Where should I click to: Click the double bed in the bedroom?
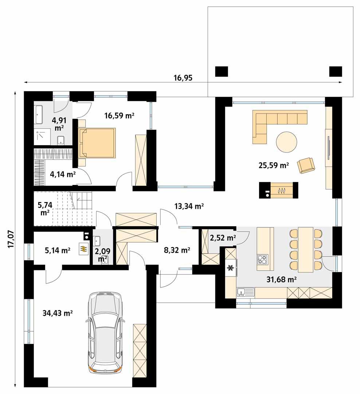click(97, 143)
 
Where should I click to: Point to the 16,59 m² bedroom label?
click(120, 116)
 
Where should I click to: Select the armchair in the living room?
click(305, 165)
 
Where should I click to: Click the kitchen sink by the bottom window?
click(245, 292)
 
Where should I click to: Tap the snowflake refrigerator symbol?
click(230, 268)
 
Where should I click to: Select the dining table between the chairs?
click(305, 250)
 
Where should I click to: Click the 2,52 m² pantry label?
click(223, 239)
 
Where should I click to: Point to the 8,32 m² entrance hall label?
click(178, 250)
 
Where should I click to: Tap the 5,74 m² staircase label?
click(45, 209)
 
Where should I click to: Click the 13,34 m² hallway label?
click(189, 206)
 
